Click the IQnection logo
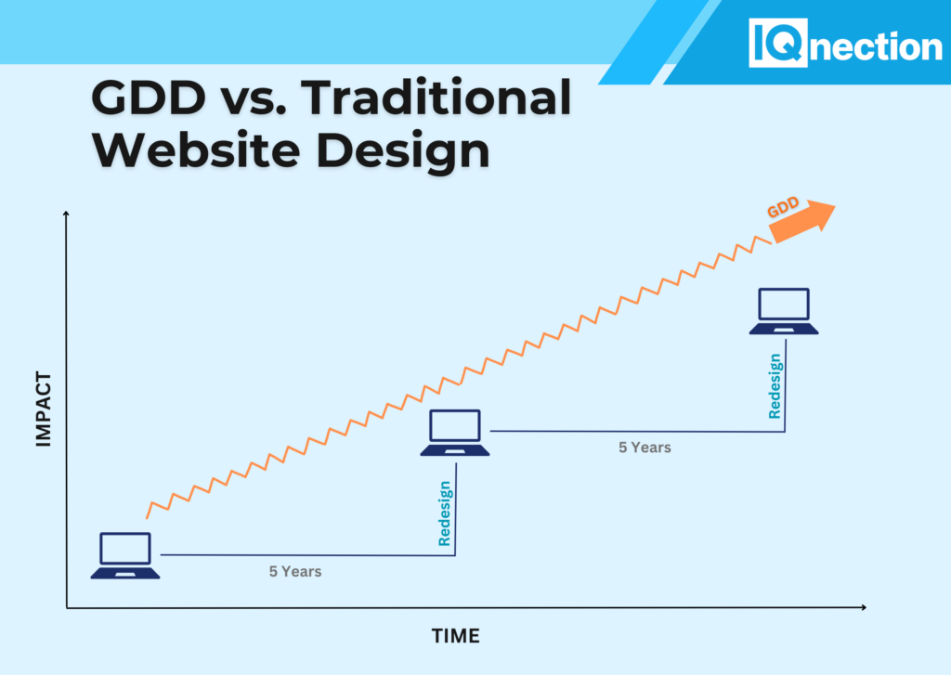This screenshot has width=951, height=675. pos(845,43)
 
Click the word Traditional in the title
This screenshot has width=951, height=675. pos(436,97)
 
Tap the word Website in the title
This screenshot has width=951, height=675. pos(196,149)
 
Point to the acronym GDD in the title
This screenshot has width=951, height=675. pos(149,97)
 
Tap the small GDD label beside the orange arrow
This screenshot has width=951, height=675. pos(783,207)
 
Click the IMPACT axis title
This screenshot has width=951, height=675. pos(43,409)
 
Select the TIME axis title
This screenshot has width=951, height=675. pos(455,636)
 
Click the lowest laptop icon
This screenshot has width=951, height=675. pos(125,555)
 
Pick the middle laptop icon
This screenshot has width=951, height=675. pos(455,433)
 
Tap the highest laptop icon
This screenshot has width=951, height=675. pos(784,311)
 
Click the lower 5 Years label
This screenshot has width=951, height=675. pos(295,571)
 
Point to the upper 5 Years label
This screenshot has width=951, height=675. pos(645,448)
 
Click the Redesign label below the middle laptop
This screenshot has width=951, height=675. pos(445,513)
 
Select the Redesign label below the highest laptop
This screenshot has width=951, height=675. pos(775,386)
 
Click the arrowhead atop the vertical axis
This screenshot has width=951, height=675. pos(66,214)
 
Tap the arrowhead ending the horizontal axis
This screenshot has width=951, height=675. pos(864,607)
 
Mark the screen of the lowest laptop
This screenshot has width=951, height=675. pos(125,548)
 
